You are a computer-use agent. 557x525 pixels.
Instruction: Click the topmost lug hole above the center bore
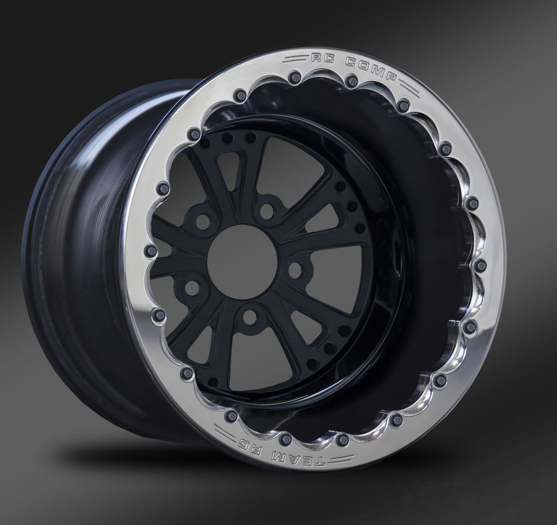(267, 211)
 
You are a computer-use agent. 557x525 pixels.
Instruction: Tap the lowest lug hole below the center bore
(249, 317)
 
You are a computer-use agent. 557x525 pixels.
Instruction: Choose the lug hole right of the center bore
(296, 270)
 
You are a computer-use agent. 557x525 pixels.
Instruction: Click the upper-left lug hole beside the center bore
(202, 222)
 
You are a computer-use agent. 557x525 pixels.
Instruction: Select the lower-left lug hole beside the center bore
(192, 288)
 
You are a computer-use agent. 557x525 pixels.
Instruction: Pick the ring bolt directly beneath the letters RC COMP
(352, 81)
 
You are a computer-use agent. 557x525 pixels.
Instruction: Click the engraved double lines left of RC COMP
(296, 60)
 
